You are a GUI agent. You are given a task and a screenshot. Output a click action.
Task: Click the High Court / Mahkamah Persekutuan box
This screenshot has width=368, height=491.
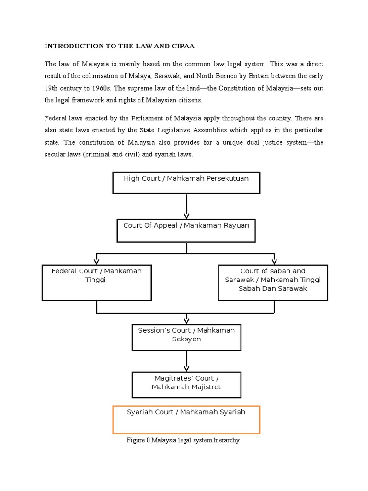pos(186,183)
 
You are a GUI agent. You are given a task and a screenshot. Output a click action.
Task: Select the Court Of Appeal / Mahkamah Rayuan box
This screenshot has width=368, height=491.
pos(186,230)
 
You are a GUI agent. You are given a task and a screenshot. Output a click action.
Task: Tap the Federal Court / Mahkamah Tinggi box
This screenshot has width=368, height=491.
pos(97,282)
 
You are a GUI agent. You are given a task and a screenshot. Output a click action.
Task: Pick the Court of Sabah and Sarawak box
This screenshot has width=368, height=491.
pos(273,282)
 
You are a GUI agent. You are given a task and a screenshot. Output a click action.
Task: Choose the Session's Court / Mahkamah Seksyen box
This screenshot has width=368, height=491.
pos(186,337)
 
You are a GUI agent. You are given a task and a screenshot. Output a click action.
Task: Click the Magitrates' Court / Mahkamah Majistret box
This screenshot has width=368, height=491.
pos(186,385)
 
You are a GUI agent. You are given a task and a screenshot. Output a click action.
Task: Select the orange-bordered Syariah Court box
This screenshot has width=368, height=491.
pos(186,420)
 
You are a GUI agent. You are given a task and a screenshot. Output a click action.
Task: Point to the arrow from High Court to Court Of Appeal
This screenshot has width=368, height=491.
pos(186,206)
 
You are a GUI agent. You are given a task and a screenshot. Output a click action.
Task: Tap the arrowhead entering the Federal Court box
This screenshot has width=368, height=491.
pos(97,261)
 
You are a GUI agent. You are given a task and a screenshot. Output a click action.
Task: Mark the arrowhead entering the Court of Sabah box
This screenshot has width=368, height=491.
pos(274,261)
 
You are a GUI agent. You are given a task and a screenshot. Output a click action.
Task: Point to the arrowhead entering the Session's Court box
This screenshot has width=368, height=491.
pos(186,321)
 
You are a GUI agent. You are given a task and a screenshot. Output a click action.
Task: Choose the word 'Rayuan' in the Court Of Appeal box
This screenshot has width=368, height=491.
pos(234,225)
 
